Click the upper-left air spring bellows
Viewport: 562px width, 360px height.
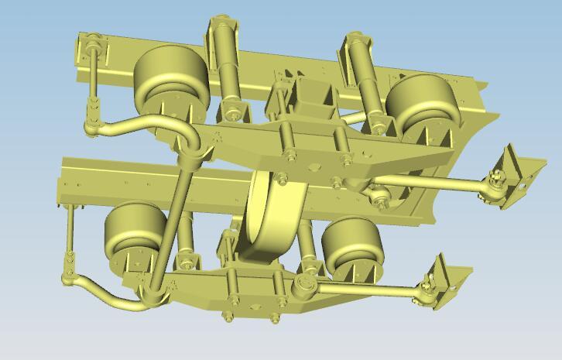[x=170, y=74]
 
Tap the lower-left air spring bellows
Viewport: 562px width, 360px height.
[x=135, y=228]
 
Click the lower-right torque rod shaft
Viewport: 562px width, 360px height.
[x=364, y=287]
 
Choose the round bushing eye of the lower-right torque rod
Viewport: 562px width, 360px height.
[x=303, y=287]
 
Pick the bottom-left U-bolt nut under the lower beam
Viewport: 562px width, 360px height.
[x=229, y=317]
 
